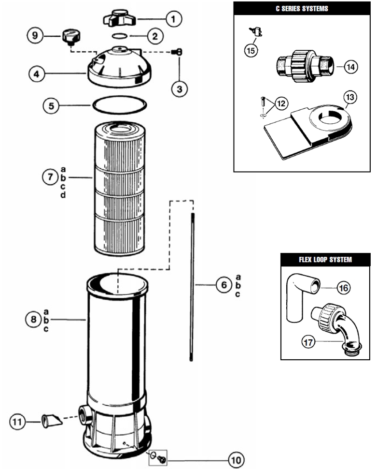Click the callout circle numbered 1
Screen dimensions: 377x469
point(173,19)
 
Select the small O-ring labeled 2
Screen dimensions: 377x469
point(120,36)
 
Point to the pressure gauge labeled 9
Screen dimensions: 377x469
point(71,37)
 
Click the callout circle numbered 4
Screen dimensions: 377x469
point(37,74)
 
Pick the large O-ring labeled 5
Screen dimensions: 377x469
point(120,105)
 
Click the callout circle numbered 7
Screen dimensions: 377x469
point(50,177)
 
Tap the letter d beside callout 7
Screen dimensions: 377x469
point(63,195)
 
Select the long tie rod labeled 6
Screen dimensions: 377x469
point(192,287)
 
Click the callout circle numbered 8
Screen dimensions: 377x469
point(33,320)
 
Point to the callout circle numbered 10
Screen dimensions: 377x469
point(236,460)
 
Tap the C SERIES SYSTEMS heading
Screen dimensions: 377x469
point(302,8)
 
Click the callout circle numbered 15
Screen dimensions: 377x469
point(251,50)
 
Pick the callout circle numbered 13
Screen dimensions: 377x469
point(350,97)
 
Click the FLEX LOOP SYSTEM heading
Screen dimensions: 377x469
point(325,259)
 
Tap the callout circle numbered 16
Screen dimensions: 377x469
point(344,288)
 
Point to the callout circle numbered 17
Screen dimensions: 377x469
point(308,342)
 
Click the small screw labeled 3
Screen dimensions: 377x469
point(177,52)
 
